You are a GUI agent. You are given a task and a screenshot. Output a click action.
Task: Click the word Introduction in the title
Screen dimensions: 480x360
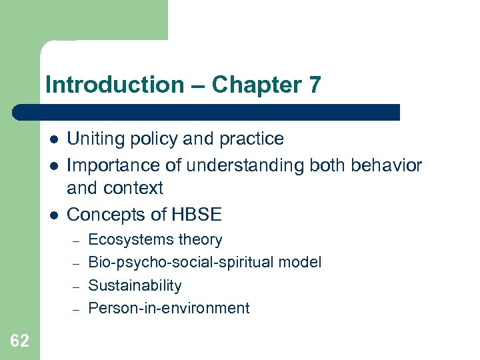[x=115, y=85]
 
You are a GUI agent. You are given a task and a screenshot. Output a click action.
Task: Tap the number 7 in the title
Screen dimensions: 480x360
[x=315, y=85]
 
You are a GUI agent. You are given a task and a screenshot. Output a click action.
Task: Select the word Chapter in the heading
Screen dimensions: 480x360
[x=257, y=85]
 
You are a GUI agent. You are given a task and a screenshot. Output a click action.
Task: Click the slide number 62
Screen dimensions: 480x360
[x=19, y=341]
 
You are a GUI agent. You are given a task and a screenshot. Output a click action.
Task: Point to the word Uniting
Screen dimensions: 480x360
[x=95, y=139]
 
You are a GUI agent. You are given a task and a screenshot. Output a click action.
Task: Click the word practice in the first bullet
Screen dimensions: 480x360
[x=251, y=139]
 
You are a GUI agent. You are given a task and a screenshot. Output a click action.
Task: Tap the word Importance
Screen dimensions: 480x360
[x=113, y=165]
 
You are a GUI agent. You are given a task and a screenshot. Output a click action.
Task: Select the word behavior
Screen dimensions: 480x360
[x=386, y=165]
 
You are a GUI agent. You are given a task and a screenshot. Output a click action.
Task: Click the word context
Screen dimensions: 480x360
[x=133, y=188]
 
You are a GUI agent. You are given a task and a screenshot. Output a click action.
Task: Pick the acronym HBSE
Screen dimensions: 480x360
[x=197, y=214]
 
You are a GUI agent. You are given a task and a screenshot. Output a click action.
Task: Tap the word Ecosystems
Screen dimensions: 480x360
[x=131, y=240]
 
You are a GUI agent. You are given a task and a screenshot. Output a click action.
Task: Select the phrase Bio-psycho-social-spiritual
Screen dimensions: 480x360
[x=181, y=263]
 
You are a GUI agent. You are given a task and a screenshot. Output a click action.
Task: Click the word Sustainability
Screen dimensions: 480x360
[x=135, y=285]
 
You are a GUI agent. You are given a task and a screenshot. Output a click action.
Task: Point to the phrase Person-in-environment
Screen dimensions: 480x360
[x=169, y=308]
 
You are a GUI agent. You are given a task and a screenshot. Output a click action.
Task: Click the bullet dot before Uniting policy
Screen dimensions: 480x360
[x=54, y=139]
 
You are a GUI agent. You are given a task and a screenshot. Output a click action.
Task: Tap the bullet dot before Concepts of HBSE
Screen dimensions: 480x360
[x=54, y=215]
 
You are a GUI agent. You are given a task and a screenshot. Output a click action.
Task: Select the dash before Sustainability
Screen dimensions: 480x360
[x=76, y=287]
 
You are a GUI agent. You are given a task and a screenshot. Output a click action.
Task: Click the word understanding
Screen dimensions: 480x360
[x=245, y=165]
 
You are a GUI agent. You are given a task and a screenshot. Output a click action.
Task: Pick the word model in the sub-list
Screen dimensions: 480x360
[x=300, y=262]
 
